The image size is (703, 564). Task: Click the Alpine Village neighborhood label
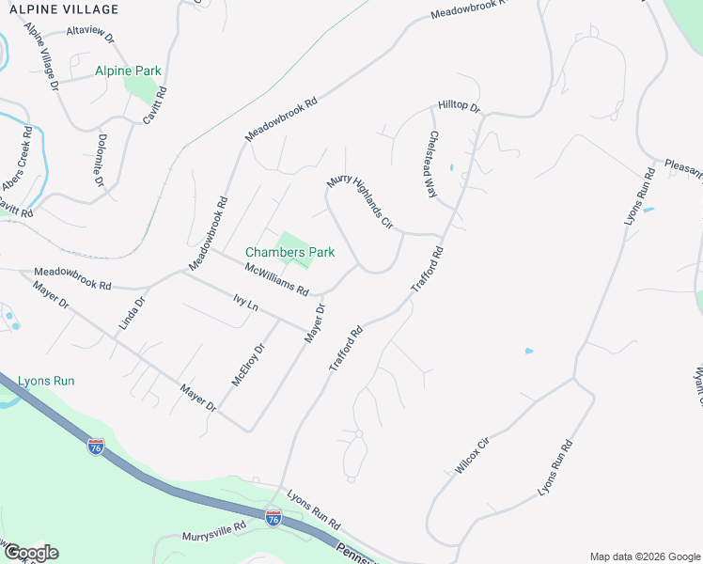[65, 9]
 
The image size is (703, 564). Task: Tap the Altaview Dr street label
[89, 37]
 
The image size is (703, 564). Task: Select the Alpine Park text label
[128, 70]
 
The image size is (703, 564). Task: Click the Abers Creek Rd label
[23, 155]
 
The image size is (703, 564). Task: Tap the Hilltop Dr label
[459, 108]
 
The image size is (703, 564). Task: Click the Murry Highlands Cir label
[358, 200]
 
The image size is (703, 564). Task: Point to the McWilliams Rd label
[277, 279]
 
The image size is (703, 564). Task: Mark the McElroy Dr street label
[248, 365]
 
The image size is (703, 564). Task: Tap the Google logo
[31, 553]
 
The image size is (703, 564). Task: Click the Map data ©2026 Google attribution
[645, 556]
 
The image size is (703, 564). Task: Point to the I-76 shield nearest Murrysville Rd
[273, 519]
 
